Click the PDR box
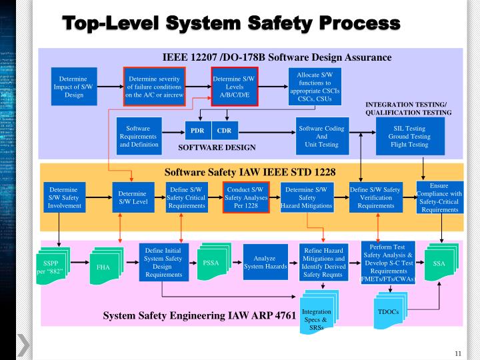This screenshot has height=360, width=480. point(197,131)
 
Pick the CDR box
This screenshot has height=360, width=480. point(224,131)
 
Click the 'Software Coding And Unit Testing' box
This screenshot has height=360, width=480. point(321,136)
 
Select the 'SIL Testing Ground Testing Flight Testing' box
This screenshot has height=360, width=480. point(409,136)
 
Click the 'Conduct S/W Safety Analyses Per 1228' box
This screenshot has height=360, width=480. point(245,197)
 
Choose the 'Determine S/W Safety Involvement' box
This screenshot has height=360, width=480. point(65,197)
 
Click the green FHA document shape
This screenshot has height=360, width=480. point(103,267)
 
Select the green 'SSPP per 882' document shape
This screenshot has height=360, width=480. point(57,266)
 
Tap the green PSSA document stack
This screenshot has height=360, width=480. point(211,263)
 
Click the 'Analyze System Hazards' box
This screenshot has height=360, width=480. point(265,263)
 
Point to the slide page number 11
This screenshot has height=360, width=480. point(458,353)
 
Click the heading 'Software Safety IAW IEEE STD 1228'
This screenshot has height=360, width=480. point(249,172)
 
